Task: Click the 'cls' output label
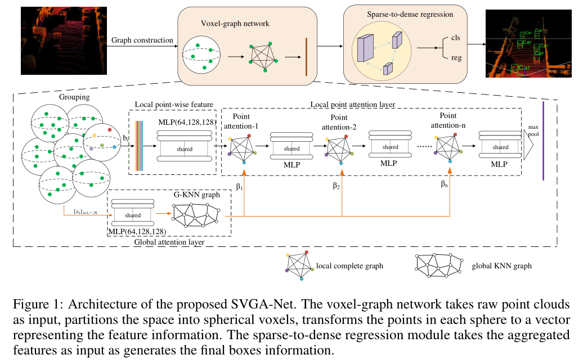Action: point(456,37)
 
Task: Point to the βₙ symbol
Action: point(445,183)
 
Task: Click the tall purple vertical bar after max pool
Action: point(544,141)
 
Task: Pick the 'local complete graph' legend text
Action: point(349,265)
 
